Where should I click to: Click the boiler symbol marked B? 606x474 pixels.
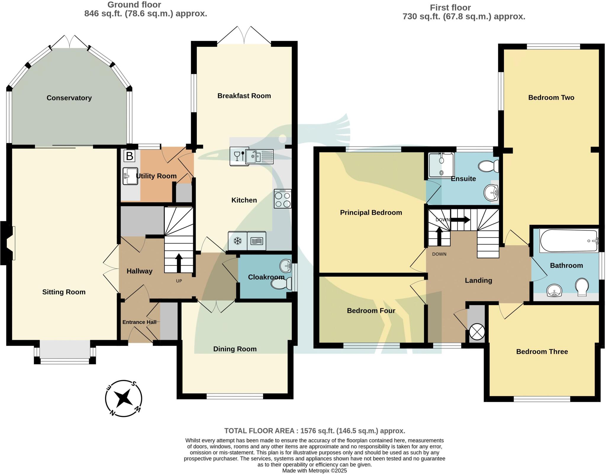point(129,156)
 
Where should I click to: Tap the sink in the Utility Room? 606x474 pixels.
point(130,176)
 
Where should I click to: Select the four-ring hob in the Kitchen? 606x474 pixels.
point(283,199)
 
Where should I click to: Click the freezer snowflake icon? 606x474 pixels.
point(237,241)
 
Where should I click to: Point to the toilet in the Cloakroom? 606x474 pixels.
point(281,285)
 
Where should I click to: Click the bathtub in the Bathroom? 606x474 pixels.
point(568,241)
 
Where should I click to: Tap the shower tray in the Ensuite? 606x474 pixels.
point(441,166)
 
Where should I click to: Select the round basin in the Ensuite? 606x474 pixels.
point(491,193)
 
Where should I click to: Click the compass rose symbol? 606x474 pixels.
point(124,398)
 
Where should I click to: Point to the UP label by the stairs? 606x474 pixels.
point(179,281)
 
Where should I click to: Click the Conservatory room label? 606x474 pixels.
point(69,98)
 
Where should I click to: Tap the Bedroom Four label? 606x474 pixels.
point(371,311)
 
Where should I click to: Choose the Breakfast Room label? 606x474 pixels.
point(244,96)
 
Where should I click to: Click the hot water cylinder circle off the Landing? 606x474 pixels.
point(477,331)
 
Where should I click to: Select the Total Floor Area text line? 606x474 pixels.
point(315,431)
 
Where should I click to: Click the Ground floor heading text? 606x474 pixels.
point(134,5)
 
